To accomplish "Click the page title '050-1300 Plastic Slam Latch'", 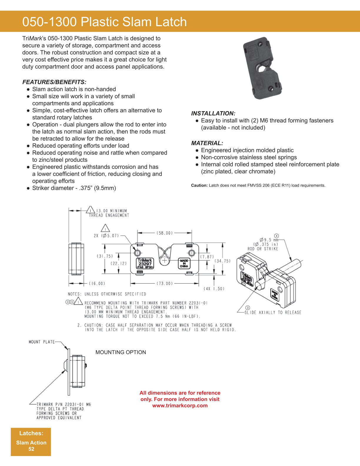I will [x=104, y=22].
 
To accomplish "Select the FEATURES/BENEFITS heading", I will [x=54, y=82].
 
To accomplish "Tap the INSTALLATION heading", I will [x=213, y=113].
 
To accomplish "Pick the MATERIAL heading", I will [x=207, y=143].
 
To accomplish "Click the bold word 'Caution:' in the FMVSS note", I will [x=199, y=185].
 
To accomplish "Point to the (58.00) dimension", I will [x=165, y=233].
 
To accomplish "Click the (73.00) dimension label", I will [x=165, y=284].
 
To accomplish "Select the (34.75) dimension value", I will [x=222, y=261].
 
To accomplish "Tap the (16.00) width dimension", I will [x=97, y=284].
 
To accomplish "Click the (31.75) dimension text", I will [x=105, y=256].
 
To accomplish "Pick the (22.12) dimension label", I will [x=119, y=263].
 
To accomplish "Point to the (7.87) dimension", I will [x=207, y=257].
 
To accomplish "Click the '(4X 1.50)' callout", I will [x=214, y=289].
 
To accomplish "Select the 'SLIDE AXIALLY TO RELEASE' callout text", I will [x=273, y=312].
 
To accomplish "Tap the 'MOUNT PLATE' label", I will [x=42, y=342].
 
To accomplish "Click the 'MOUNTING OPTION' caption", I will [x=121, y=352].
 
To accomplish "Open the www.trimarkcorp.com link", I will [x=180, y=406].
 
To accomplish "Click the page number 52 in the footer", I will [x=31, y=449].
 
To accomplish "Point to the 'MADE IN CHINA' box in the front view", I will [x=184, y=264].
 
